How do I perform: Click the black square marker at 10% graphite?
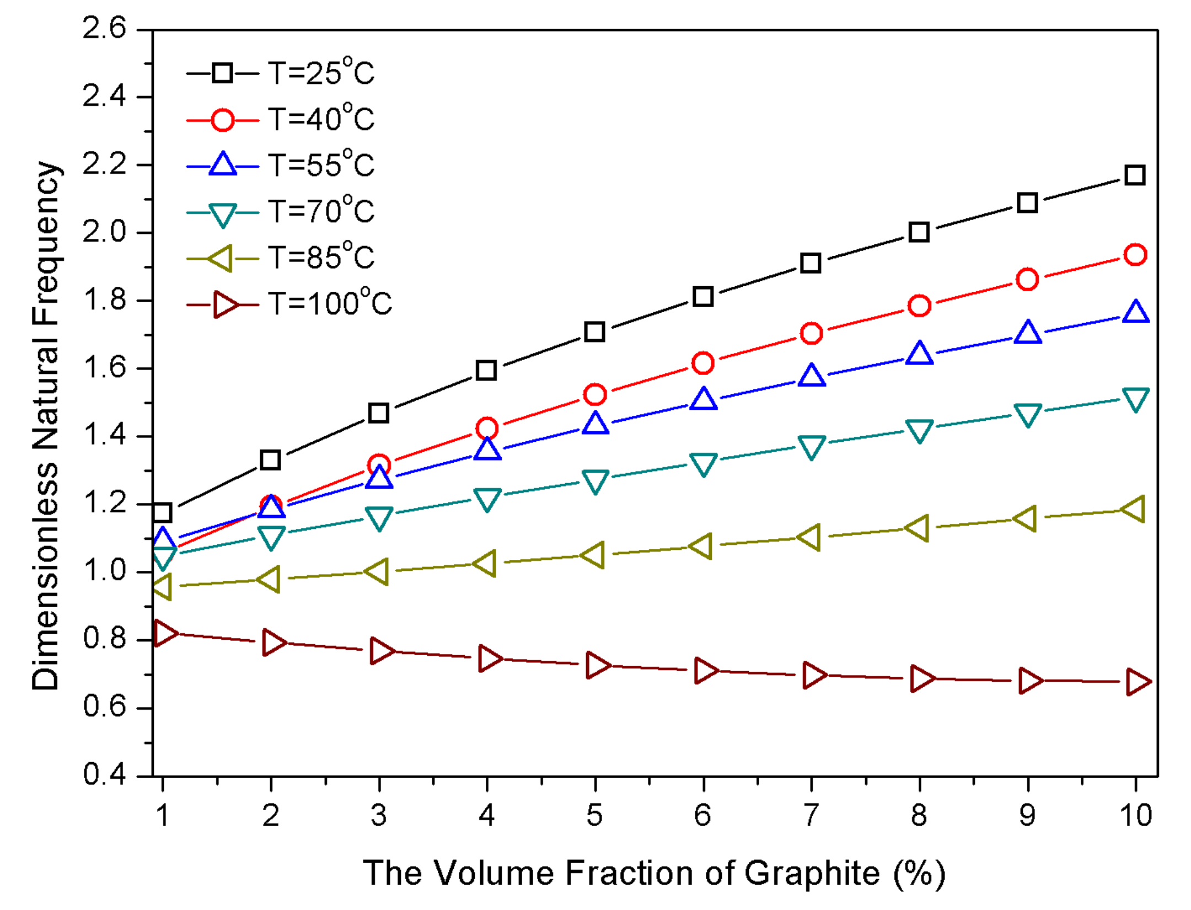point(1134,175)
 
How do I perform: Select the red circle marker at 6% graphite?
point(702,363)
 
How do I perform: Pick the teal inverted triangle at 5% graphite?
point(595,481)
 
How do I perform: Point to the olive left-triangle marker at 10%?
point(1133,508)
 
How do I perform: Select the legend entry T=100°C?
point(330,303)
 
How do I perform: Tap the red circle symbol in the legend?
point(222,120)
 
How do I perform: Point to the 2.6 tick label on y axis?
point(105,28)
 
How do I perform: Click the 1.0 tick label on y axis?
point(105,570)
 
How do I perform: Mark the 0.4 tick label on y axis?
point(105,774)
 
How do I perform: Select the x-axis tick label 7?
point(811,815)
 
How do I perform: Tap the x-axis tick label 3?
point(379,815)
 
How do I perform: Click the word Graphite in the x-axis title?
point(812,874)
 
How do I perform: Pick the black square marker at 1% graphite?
point(162,512)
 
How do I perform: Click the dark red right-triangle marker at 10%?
point(1136,682)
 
